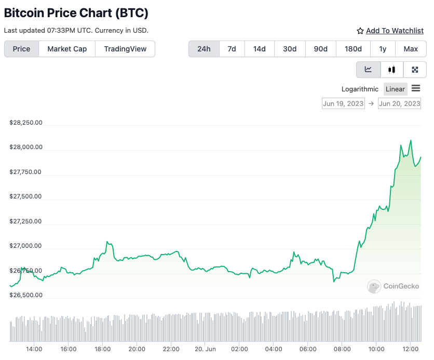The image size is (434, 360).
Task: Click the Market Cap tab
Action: (67, 49)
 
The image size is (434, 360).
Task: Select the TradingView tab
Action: (125, 49)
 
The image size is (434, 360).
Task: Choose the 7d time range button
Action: (232, 49)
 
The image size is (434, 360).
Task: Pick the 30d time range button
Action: (290, 49)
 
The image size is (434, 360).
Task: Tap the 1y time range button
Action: (383, 49)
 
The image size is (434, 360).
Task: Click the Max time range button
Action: (411, 49)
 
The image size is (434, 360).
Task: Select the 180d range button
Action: (353, 49)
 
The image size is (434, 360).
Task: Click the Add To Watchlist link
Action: (395, 31)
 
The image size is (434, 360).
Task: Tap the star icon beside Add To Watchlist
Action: (360, 31)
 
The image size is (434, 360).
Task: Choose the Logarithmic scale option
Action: (360, 89)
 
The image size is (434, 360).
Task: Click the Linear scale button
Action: (395, 89)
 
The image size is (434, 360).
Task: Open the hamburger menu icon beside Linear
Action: (416, 88)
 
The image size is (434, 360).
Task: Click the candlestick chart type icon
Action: (392, 70)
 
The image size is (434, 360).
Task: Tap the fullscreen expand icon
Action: (415, 70)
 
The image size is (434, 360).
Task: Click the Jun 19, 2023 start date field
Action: (343, 103)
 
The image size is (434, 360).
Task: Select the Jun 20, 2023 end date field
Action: (399, 103)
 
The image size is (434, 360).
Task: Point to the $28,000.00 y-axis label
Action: (26, 148)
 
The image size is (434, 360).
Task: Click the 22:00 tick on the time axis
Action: (171, 349)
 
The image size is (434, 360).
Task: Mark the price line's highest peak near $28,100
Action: (411, 140)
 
